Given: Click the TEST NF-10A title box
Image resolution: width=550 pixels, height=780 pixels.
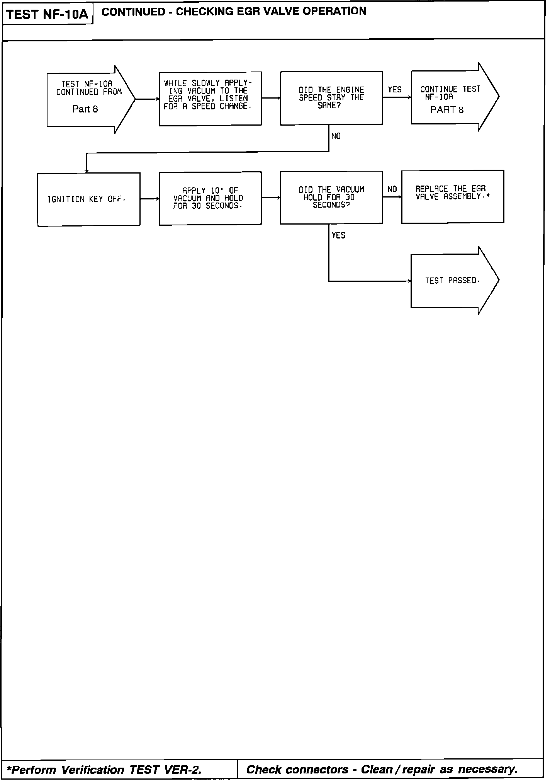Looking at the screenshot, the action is pyautogui.click(x=48, y=15).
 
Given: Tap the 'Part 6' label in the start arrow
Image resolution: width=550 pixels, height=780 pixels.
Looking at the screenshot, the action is pyautogui.click(x=85, y=109).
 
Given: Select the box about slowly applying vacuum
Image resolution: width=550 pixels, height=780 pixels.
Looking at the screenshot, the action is pyautogui.click(x=210, y=98).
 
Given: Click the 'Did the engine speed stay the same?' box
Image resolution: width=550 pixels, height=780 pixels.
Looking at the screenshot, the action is pyautogui.click(x=331, y=98).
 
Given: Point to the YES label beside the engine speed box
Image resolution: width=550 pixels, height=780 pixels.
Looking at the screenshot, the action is pyautogui.click(x=395, y=90).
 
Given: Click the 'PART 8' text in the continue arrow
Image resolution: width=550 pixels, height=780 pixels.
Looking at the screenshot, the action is pyautogui.click(x=447, y=110).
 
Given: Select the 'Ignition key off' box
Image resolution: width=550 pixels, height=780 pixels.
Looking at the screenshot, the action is pyautogui.click(x=88, y=199).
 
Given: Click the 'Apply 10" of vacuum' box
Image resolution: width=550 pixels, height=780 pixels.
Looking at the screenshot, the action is pyautogui.click(x=210, y=198).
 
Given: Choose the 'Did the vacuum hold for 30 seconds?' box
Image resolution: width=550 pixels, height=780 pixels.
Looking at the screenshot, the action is pyautogui.click(x=331, y=197).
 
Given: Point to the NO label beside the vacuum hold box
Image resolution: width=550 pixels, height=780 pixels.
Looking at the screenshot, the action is pyautogui.click(x=392, y=189).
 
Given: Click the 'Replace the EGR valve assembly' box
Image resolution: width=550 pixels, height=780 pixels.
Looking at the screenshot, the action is pyautogui.click(x=453, y=196).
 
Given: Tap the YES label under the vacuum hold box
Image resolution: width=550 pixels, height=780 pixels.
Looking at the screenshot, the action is pyautogui.click(x=338, y=235).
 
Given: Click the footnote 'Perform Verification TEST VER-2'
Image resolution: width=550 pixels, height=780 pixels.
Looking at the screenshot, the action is pyautogui.click(x=104, y=770).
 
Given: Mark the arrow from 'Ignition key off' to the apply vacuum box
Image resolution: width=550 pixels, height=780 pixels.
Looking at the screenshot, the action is pyautogui.click(x=149, y=199).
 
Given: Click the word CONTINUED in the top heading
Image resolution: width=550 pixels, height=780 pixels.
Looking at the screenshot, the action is pyautogui.click(x=133, y=12).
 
